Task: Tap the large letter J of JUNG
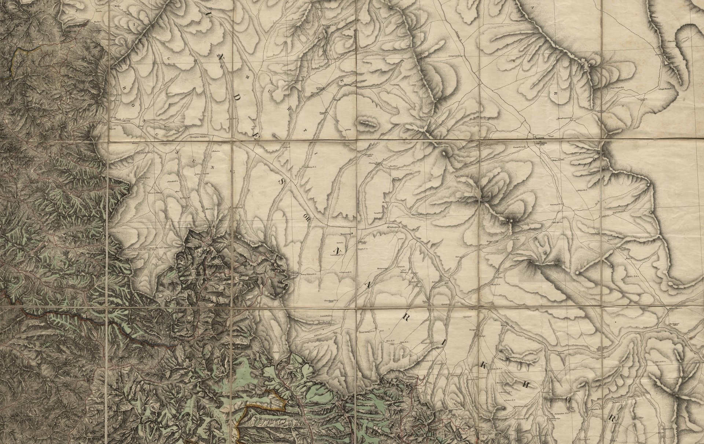point(177,150)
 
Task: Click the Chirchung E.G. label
point(331,300)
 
